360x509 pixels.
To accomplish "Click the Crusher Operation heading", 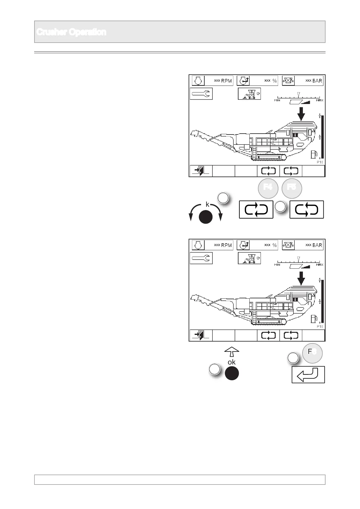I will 71,32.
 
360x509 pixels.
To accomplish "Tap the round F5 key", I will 292,187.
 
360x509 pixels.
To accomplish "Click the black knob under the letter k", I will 206,217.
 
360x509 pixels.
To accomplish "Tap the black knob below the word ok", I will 232,374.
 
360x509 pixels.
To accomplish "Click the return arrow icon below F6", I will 308,375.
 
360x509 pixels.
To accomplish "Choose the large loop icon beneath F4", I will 256,209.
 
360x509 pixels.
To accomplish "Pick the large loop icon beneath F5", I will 306,209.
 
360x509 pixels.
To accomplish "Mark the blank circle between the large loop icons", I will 280,206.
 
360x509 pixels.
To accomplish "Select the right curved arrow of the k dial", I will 219,213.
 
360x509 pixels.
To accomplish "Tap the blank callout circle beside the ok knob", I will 214,369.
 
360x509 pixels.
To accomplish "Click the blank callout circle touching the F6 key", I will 292,358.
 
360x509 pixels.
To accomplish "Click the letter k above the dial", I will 207,205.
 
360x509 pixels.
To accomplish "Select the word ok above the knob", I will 232,362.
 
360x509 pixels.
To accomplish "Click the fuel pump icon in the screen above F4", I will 314,154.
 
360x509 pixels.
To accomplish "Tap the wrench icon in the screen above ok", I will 201,258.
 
